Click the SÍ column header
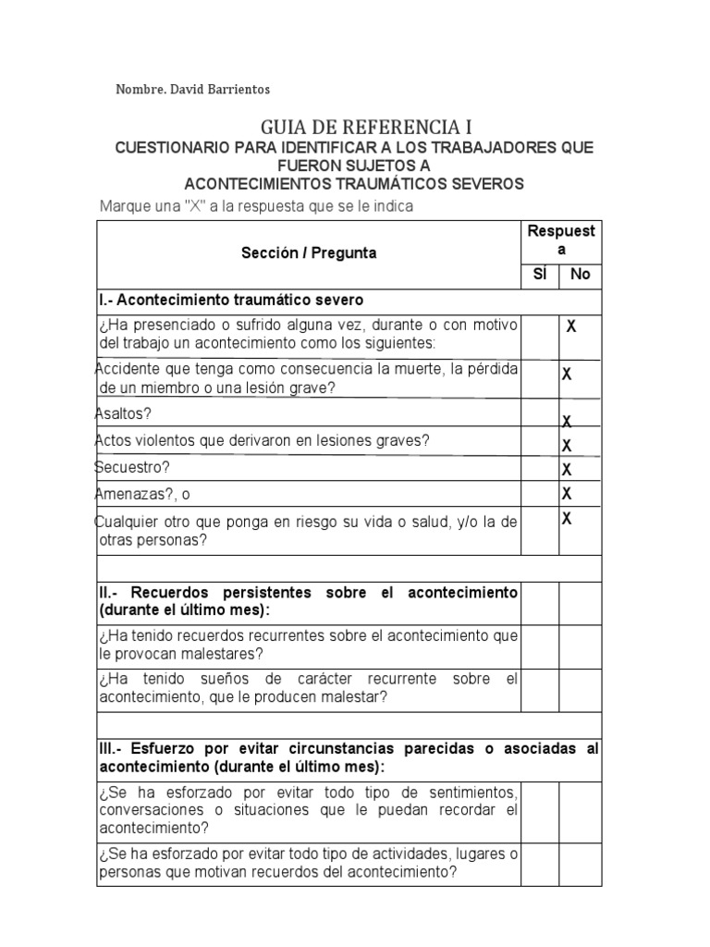[x=539, y=275]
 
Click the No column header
[x=580, y=275]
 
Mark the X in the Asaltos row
[x=567, y=421]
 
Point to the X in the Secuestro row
[x=567, y=469]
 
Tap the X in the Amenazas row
[x=567, y=493]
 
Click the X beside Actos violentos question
[x=567, y=445]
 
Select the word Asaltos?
[x=125, y=413]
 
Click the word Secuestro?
[x=133, y=468]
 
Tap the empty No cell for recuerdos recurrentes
[x=580, y=645]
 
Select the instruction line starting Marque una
[x=256, y=205]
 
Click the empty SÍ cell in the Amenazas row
[x=539, y=494]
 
